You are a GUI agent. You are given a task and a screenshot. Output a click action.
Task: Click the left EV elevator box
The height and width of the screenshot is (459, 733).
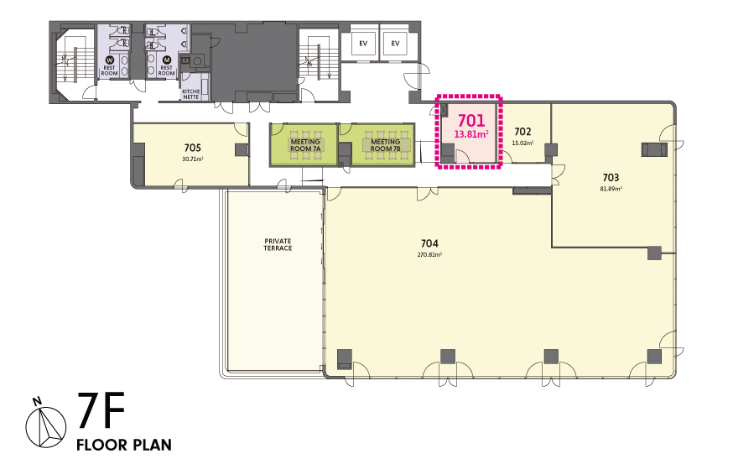(363, 44)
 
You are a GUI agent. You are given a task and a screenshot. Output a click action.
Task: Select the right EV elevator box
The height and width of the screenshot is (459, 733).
(395, 44)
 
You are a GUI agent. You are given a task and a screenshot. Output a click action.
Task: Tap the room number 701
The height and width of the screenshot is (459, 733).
(471, 121)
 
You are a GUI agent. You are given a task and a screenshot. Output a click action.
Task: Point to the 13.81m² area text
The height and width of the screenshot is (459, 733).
(471, 135)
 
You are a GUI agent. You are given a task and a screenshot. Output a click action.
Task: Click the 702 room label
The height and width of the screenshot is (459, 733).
(522, 132)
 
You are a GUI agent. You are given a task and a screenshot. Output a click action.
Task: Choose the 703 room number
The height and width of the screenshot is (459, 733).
(611, 178)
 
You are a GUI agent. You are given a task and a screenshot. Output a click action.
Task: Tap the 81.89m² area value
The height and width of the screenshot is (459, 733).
(611, 189)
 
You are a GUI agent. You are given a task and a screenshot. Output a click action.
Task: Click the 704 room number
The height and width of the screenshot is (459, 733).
(429, 244)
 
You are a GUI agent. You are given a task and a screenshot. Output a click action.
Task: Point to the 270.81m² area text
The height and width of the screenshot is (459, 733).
(429, 255)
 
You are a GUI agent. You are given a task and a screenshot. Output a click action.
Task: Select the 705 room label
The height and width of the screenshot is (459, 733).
(193, 148)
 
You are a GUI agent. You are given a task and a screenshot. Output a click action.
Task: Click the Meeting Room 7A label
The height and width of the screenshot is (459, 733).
(305, 145)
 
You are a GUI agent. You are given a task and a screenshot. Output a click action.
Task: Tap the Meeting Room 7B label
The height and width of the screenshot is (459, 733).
(386, 145)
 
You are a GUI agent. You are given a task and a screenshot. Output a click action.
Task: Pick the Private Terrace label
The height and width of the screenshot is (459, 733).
(278, 245)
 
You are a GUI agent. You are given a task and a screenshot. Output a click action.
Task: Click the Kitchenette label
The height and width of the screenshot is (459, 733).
(190, 94)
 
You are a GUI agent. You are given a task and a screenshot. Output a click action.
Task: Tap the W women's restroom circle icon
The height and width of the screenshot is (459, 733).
(109, 60)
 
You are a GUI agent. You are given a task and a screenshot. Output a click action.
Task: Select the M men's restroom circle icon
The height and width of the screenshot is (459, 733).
(166, 60)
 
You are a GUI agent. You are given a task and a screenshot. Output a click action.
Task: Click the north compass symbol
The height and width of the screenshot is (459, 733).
(46, 425)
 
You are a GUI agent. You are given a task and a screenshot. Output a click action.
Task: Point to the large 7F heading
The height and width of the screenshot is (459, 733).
(101, 410)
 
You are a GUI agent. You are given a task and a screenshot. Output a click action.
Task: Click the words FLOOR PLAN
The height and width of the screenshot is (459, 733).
(124, 445)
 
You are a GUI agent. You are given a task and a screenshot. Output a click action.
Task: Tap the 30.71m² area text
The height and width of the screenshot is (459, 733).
(193, 159)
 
